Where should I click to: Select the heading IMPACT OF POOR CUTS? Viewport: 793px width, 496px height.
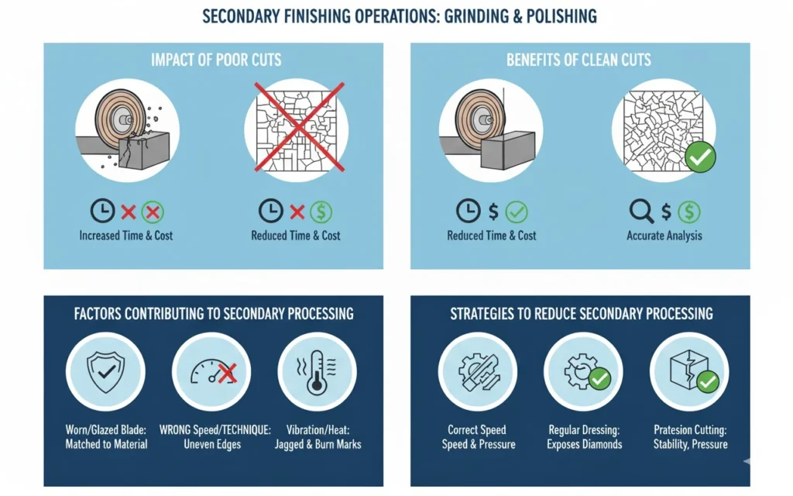point(216,60)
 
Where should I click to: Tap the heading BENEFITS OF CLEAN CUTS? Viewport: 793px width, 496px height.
point(578,60)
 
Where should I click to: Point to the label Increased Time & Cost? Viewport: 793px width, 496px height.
point(126,236)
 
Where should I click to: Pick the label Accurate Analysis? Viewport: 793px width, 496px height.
point(664,236)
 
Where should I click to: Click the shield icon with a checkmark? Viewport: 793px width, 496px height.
point(105,372)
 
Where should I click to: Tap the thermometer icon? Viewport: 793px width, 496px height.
point(317,372)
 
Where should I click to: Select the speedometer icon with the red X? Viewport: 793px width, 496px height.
point(214,373)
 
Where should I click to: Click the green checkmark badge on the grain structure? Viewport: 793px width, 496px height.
point(700,157)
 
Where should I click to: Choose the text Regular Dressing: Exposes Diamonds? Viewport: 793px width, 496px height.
point(584,437)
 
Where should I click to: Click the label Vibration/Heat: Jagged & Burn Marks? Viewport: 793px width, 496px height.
point(318,437)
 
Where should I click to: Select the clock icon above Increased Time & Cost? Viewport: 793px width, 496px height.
point(103,211)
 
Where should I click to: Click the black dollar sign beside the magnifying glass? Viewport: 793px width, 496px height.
point(667,212)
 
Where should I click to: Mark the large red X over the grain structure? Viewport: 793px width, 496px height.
point(299,127)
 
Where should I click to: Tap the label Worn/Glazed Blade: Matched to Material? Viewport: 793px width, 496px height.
point(106,437)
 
